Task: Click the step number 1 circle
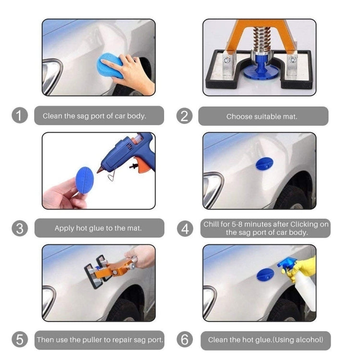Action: (19, 116)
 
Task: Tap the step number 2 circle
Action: (184, 116)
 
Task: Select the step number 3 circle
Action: (19, 228)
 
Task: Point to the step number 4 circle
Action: (184, 228)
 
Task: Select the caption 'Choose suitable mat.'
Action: (262, 116)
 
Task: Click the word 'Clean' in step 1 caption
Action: (52, 116)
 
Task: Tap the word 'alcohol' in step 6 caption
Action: (307, 340)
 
